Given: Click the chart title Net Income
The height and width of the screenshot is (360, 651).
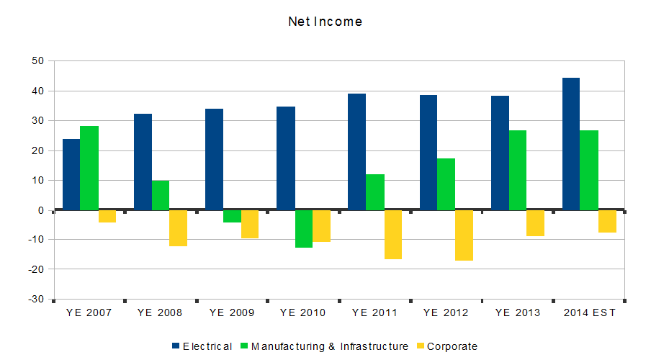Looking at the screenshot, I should tap(325, 22).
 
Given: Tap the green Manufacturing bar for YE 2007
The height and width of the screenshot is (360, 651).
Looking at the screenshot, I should tap(89, 168).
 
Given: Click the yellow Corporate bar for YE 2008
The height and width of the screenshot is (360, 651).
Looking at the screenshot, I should tap(178, 228).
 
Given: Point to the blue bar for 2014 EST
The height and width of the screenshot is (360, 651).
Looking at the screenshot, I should tap(571, 144).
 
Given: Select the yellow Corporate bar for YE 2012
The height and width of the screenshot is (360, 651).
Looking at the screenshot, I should tap(464, 235).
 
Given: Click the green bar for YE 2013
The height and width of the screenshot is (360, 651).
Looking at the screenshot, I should tap(518, 170).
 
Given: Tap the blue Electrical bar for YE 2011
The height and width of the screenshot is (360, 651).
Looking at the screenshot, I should tap(356, 152).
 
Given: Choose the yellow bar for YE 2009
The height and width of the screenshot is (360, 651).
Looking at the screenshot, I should tap(250, 224).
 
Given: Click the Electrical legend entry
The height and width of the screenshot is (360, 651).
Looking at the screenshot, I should tap(202, 346).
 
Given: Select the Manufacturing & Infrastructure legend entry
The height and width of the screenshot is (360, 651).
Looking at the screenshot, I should tap(323, 346).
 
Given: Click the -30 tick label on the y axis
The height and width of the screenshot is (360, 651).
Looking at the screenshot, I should tap(36, 299).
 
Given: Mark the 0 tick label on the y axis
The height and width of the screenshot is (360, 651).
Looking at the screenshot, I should tap(41, 210).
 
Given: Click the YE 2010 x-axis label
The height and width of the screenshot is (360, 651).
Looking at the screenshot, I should tap(302, 313).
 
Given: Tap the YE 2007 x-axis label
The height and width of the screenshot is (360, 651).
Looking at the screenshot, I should tap(89, 313).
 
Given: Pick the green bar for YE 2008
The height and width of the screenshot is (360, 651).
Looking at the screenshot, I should tap(161, 195).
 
